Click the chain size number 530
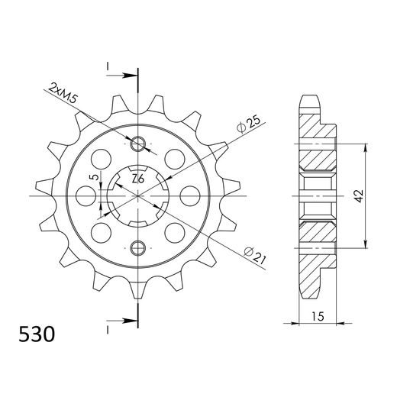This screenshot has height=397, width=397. (36, 334)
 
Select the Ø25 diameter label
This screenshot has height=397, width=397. (249, 122)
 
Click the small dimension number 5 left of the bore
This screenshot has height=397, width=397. (94, 179)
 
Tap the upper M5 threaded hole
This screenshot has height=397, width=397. (138, 144)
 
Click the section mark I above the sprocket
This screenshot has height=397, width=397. (108, 67)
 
